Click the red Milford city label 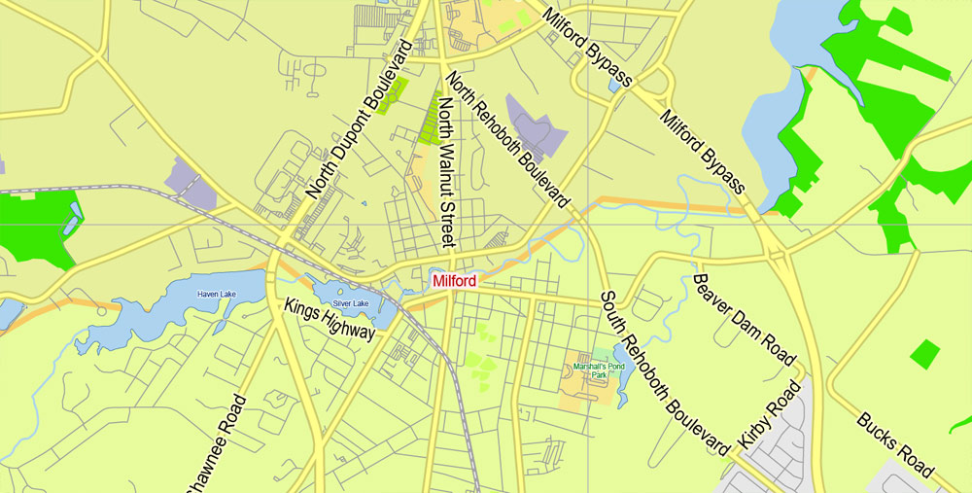455,281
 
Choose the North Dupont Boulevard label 361,121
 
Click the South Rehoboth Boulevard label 664,372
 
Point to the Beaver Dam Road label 744,319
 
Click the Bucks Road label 895,444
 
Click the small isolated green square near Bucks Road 924,355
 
